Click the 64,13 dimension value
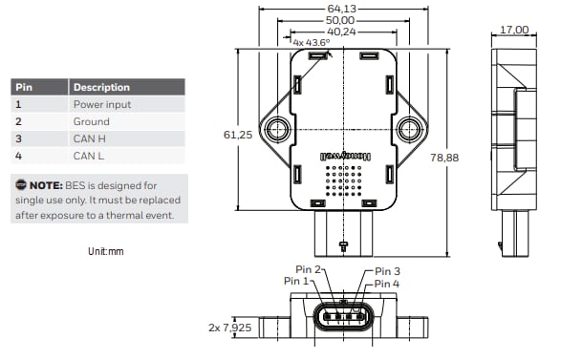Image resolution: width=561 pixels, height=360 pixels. [341, 9]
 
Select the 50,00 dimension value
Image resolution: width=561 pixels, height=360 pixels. [341, 19]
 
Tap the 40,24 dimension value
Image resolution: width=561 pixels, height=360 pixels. [341, 31]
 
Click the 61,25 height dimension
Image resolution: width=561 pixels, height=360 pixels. [237, 135]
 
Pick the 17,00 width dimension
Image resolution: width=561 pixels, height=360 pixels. [514, 31]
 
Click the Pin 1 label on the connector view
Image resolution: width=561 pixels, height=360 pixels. [297, 281]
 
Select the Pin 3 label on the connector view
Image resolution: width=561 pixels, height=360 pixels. [387, 271]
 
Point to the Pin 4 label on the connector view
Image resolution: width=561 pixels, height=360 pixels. [387, 284]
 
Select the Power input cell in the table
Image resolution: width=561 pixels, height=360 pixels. [102, 104]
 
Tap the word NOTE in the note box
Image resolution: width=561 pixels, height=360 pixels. [44, 184]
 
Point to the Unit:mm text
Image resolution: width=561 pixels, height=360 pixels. [105, 251]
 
